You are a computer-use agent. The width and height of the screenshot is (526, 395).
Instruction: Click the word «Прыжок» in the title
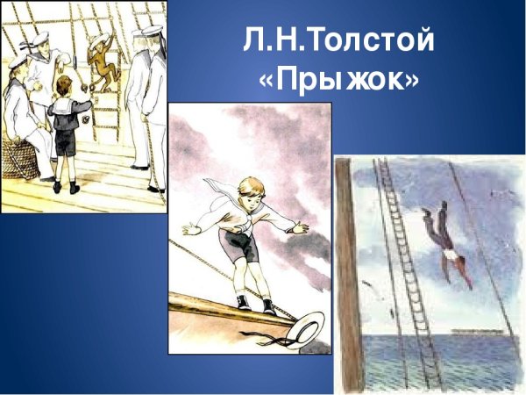pos(339,81)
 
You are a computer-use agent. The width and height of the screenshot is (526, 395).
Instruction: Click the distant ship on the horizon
pos(466,331)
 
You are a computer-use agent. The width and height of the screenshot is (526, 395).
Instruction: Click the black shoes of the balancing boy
pos(253,305)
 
